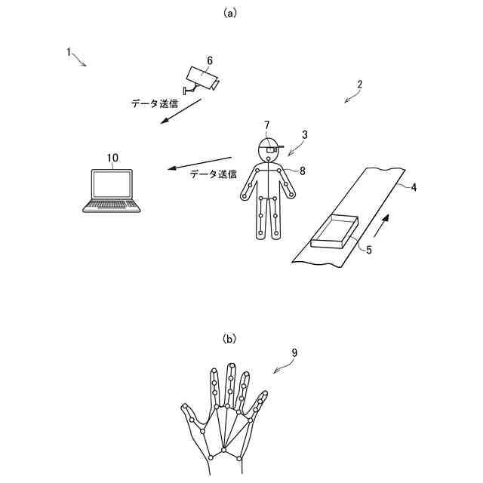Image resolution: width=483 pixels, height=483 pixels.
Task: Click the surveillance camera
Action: click(202, 78)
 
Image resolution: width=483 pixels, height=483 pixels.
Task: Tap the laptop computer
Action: click(110, 190)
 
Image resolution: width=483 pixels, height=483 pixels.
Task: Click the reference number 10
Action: click(112, 158)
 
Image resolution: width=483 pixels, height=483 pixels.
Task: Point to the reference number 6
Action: click(209, 60)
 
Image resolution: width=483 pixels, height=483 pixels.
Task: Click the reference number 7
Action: click(266, 125)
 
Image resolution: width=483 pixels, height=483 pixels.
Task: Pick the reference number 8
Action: click(302, 171)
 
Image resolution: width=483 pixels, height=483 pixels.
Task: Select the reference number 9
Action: click(294, 352)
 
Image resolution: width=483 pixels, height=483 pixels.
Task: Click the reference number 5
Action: click(369, 250)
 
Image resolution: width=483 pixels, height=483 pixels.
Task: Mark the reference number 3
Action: click(304, 135)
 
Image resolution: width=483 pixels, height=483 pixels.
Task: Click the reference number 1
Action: click(69, 52)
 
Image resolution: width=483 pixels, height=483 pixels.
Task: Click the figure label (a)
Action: click(230, 13)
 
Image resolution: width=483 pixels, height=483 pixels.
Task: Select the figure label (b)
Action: click(229, 340)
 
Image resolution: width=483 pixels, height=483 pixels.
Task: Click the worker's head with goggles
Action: click(268, 147)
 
